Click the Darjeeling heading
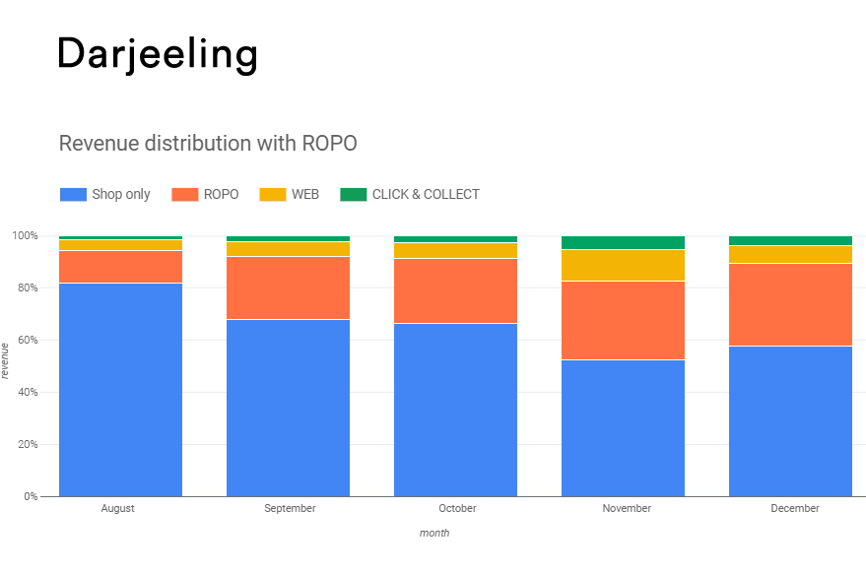tap(158, 55)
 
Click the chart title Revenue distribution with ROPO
tap(208, 144)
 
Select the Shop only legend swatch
tap(73, 194)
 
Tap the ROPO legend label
tap(221, 194)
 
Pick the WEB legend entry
tap(290, 194)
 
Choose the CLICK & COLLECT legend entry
tap(410, 194)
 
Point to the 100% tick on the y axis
tap(25, 235)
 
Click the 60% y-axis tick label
tap(28, 340)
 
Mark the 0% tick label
tap(31, 496)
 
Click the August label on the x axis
tap(117, 508)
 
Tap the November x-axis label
tap(627, 508)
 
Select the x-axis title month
tap(434, 534)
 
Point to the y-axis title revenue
tap(5, 361)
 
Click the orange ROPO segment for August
tap(120, 267)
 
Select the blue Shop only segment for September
tap(289, 408)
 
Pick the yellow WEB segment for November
tap(623, 266)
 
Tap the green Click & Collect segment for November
tap(623, 243)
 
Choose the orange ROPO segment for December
tap(790, 305)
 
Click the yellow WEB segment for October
tap(455, 251)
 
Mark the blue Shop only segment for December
tap(790, 421)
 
